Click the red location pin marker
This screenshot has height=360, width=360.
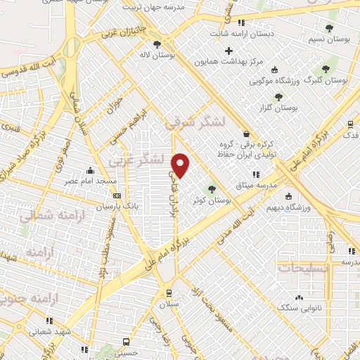click(181, 165)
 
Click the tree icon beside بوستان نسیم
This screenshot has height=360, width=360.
click(329, 29)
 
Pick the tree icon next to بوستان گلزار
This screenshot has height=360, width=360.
click(278, 97)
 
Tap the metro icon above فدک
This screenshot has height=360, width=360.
click(350, 124)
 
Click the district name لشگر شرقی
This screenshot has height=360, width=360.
click(195, 122)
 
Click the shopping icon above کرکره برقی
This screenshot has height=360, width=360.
click(245, 134)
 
